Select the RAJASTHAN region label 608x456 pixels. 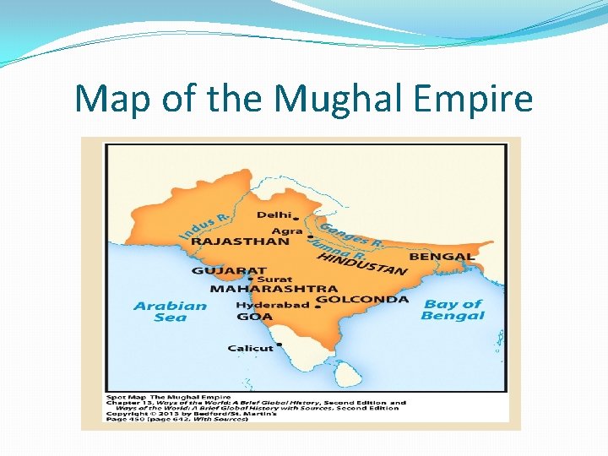[240, 242]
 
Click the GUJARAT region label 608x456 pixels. [224, 271]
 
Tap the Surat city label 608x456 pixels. [274, 280]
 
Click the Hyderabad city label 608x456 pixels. [272, 306]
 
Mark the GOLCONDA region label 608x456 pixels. [361, 299]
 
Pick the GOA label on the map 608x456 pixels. [254, 317]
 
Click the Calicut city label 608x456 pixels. [250, 348]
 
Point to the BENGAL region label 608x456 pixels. [442, 256]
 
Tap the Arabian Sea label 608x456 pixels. [170, 312]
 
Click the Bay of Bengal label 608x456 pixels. [453, 309]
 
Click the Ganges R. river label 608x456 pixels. [350, 235]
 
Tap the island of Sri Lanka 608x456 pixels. [347, 372]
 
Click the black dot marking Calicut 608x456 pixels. [279, 348]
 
